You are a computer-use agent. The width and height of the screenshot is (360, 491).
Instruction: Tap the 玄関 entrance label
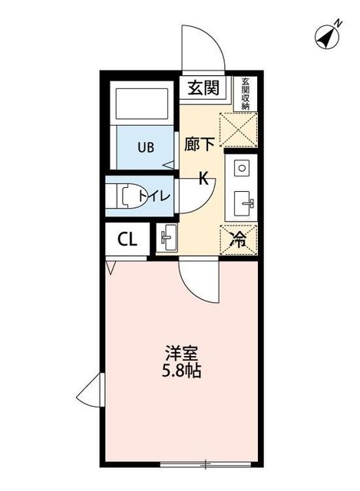[x=203, y=87]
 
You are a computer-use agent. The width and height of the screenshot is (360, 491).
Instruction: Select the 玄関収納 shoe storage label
[x=245, y=94]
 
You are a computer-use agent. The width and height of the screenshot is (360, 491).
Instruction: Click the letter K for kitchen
[x=204, y=179]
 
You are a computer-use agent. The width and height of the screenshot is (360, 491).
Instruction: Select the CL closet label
[x=127, y=239]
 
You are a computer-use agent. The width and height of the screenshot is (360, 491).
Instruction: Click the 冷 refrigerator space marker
[x=239, y=239]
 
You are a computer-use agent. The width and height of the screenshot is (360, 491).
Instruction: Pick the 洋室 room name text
[x=182, y=354]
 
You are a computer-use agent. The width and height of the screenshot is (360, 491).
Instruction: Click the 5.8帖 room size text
[x=182, y=373]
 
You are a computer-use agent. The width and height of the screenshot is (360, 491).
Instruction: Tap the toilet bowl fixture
[x=124, y=196]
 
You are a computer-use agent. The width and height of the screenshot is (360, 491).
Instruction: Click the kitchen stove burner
[x=241, y=166]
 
